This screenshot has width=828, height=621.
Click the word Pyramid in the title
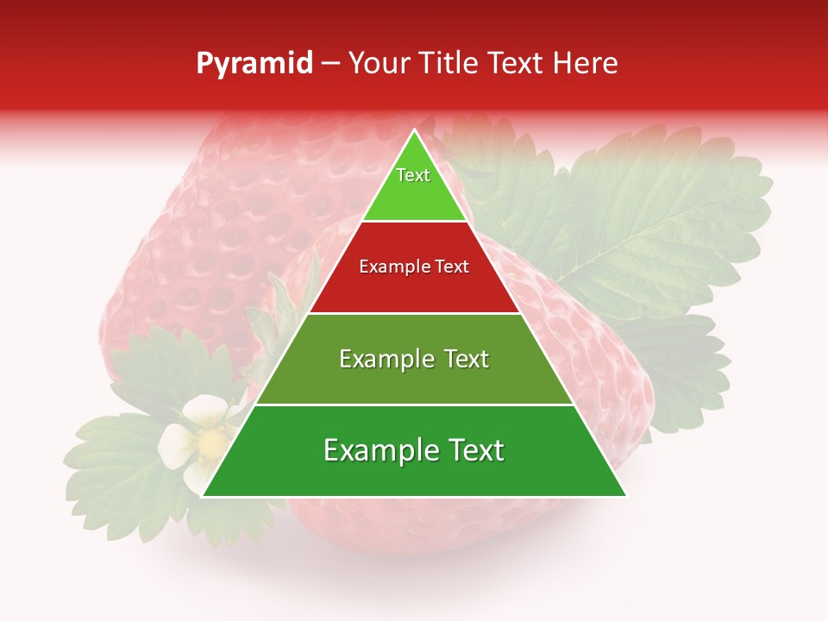(x=254, y=64)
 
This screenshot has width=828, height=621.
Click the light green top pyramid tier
(x=414, y=194)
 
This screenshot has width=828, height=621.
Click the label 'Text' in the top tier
(x=413, y=175)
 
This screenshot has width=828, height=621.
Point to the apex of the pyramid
(x=414, y=132)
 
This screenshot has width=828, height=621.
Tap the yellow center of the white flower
(x=209, y=443)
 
